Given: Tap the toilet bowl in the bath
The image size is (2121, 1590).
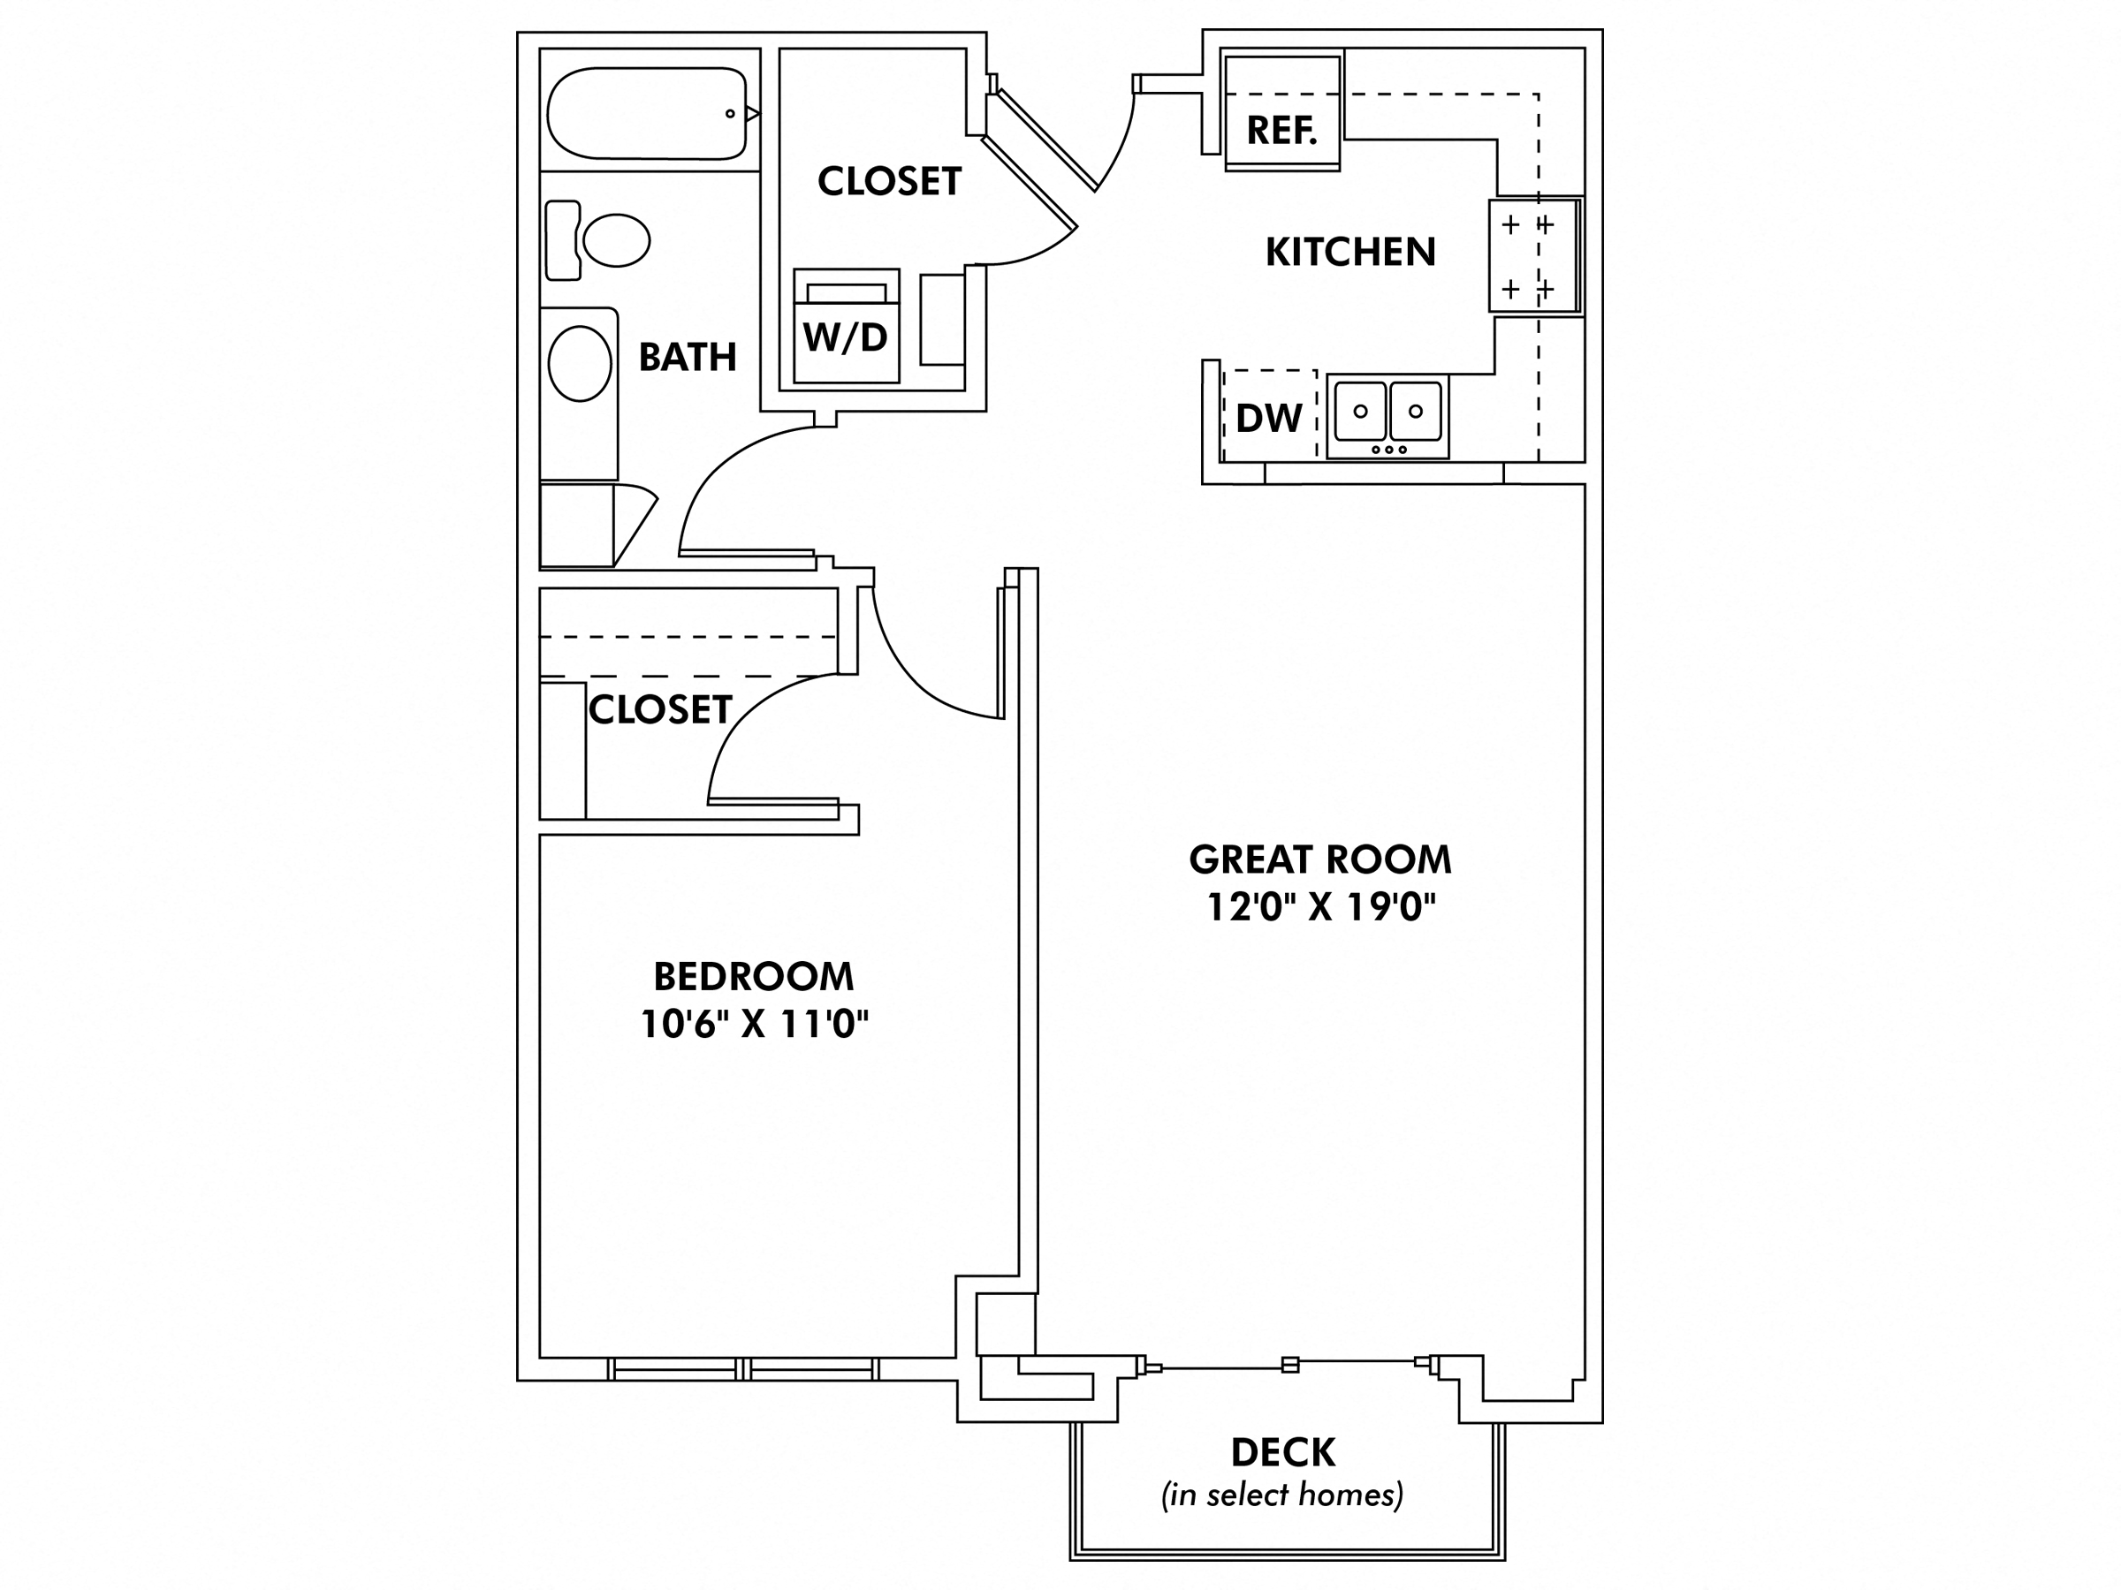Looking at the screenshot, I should [x=617, y=239].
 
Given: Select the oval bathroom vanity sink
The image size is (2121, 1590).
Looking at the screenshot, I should [x=579, y=364].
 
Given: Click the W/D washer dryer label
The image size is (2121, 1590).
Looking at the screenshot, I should [x=846, y=337].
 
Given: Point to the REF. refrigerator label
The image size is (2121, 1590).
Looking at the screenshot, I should [x=1281, y=131].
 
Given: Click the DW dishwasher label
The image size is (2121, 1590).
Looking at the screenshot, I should [x=1268, y=419].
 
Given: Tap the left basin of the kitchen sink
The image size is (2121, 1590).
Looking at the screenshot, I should [x=1360, y=411].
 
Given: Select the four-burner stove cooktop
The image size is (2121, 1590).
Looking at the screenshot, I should [x=1532, y=256].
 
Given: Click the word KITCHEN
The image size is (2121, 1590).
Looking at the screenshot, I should [x=1350, y=252].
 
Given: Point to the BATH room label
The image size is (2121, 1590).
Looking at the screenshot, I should [x=688, y=358].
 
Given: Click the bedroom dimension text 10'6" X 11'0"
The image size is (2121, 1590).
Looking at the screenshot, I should [x=754, y=1025].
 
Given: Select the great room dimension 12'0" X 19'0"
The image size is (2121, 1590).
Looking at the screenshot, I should [x=1320, y=906].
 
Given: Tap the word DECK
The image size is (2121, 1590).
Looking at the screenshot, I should [x=1283, y=1453].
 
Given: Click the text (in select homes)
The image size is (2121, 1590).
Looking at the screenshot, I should [x=1282, y=1495].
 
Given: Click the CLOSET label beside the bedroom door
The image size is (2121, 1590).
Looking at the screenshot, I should [x=659, y=710].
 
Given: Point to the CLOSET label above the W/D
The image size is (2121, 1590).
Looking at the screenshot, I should [x=889, y=181].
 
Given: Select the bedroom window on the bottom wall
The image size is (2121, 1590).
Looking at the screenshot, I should [x=743, y=1368].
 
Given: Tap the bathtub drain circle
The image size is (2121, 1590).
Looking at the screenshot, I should [x=731, y=114].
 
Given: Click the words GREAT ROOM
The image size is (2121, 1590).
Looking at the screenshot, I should [x=1320, y=859].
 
